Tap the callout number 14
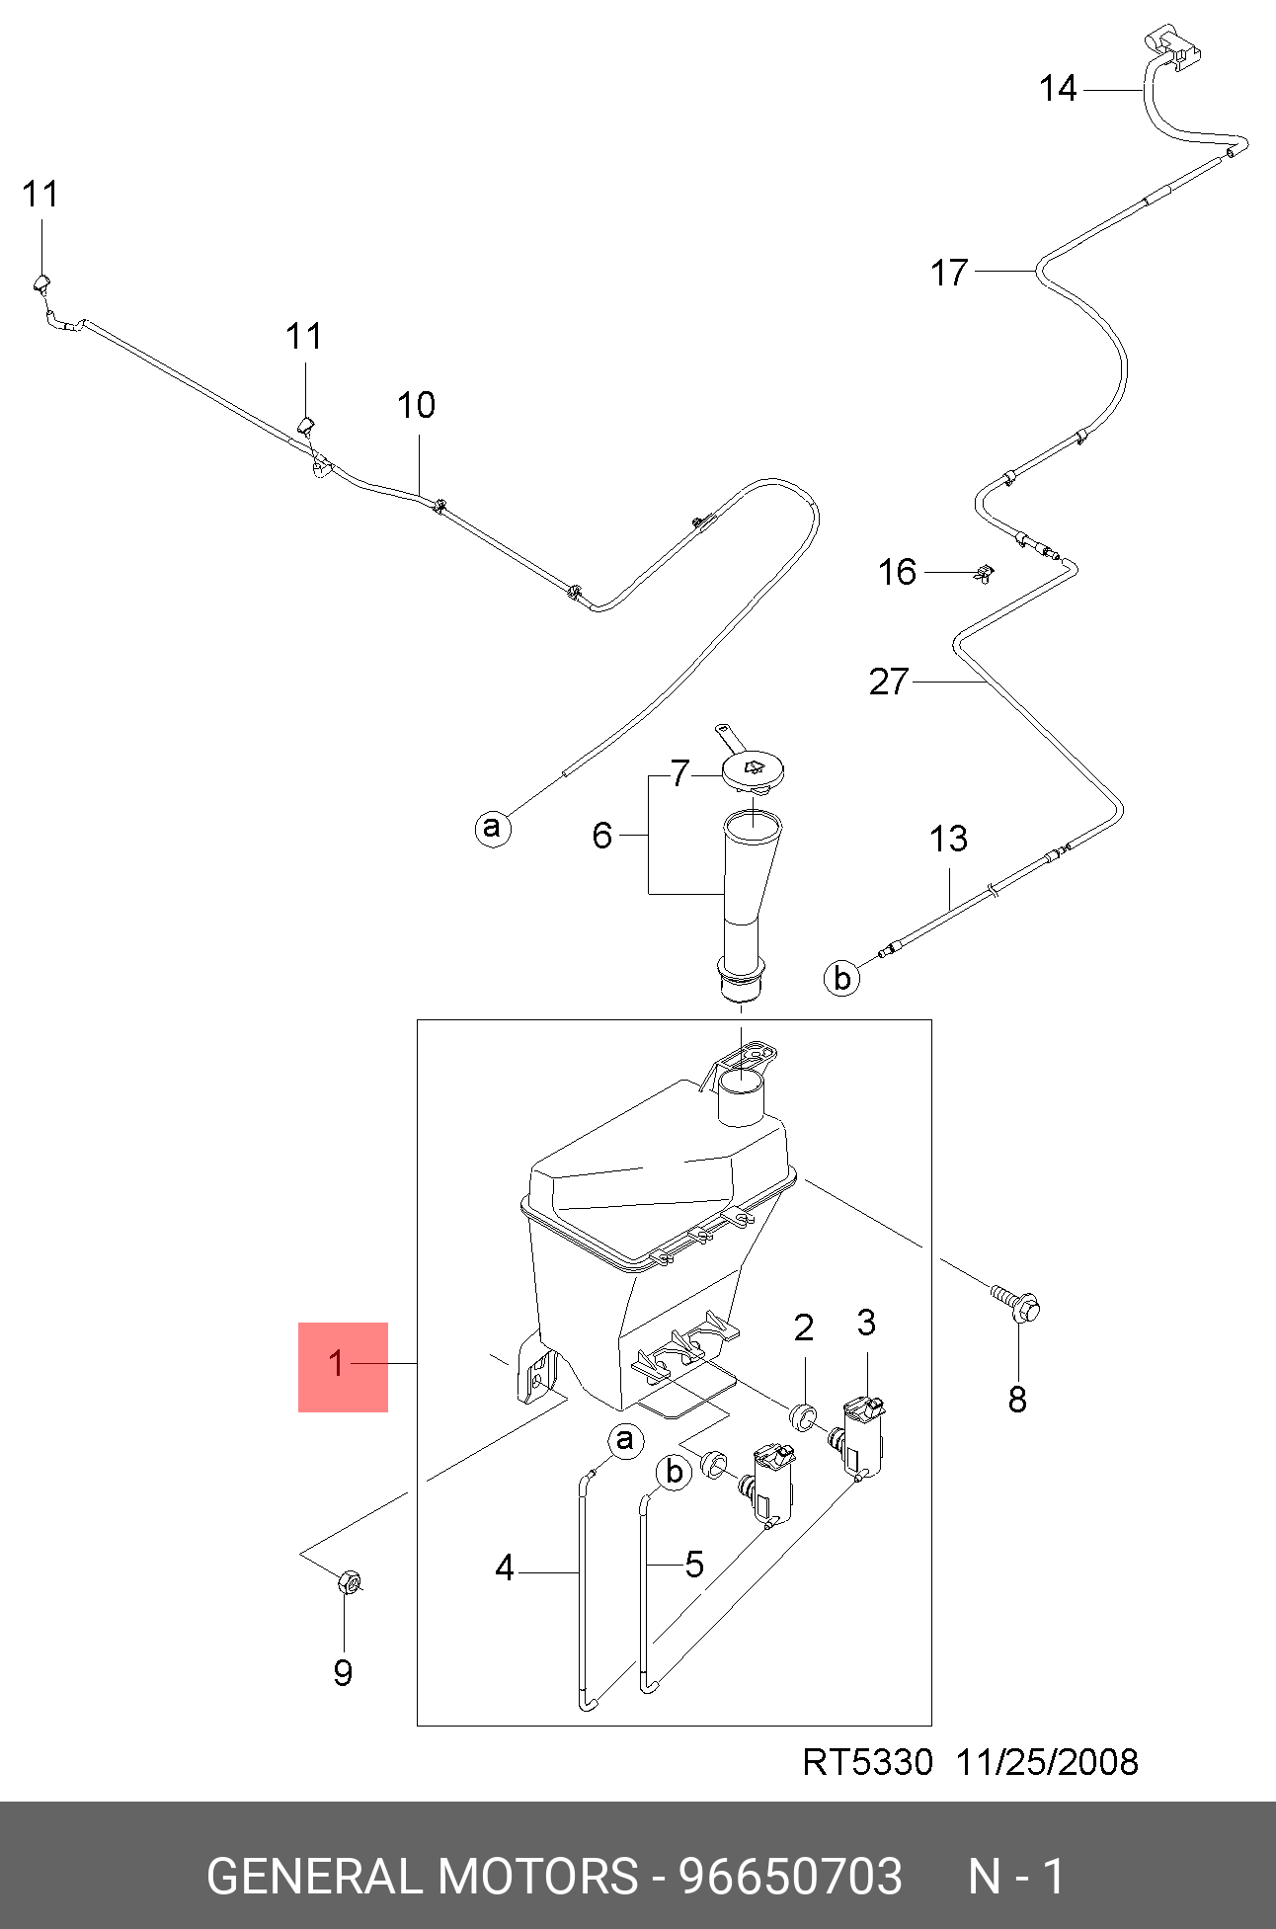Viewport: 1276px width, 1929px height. point(1058,89)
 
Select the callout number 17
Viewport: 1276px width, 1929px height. point(950,273)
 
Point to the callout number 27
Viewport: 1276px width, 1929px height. point(889,682)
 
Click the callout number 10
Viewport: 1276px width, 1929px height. point(416,405)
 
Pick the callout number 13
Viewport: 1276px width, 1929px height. point(948,840)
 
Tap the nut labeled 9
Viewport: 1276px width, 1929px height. point(349,1582)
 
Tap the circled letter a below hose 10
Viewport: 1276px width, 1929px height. point(493,827)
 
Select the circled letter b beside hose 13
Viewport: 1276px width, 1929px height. point(841,978)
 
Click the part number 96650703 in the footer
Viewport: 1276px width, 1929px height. point(790,1877)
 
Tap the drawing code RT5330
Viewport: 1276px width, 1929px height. point(867,1762)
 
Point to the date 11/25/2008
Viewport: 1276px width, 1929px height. point(1047,1762)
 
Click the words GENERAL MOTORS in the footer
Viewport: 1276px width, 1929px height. point(422,1877)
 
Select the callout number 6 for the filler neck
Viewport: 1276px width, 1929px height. point(602,836)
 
